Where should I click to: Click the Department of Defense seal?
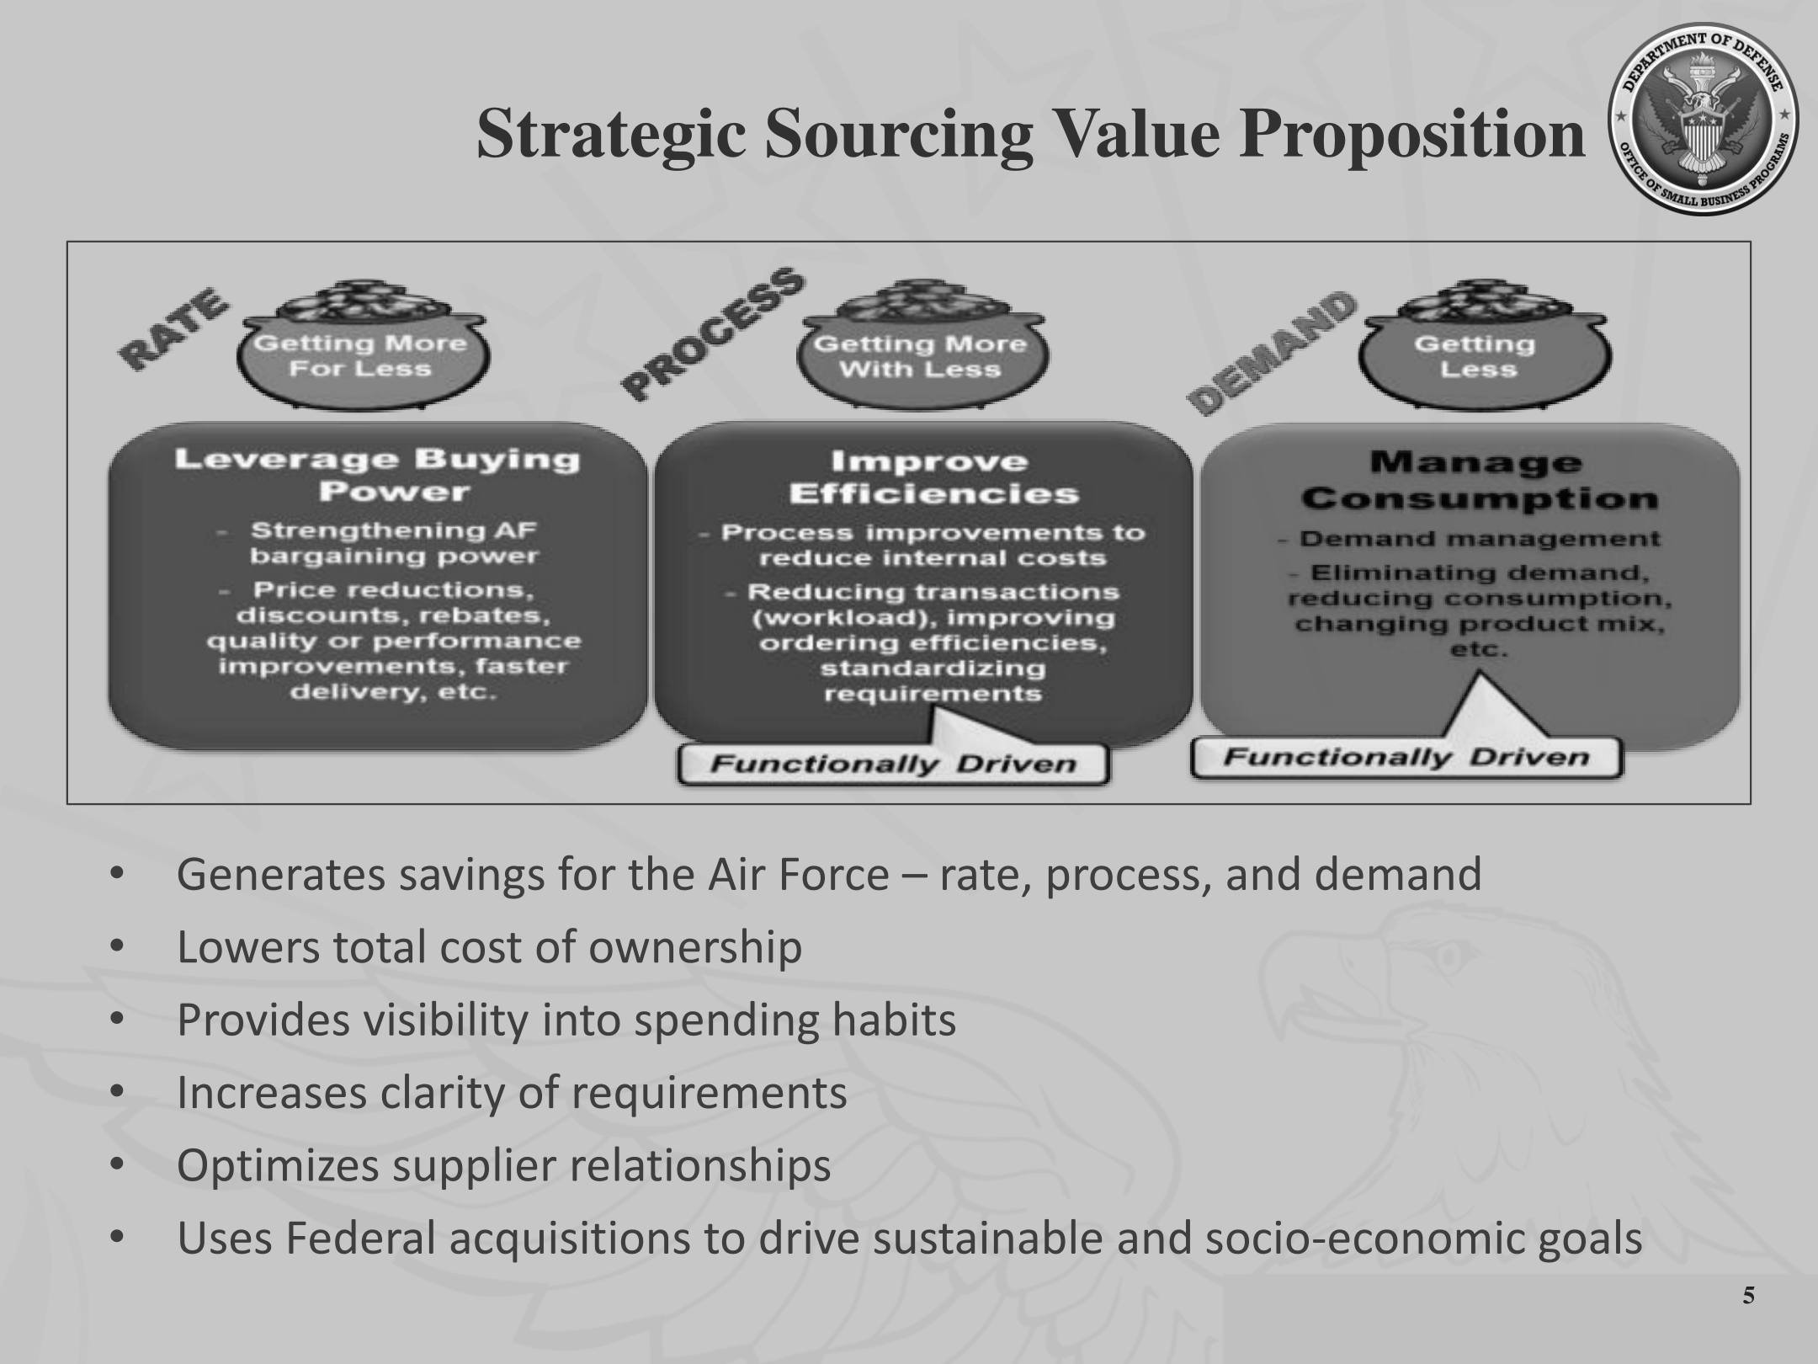coord(1704,119)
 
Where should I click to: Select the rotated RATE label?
coord(173,328)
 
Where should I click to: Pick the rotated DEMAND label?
coord(1271,354)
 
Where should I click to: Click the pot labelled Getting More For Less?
coord(361,345)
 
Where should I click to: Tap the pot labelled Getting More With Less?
coord(921,345)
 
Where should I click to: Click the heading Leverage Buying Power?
coord(377,475)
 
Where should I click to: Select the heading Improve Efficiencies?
coord(933,477)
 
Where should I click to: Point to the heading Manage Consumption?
coord(1479,480)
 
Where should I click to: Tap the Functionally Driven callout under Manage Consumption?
coord(1406,757)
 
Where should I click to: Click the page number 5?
coord(1748,1319)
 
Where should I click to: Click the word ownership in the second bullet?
coord(695,949)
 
